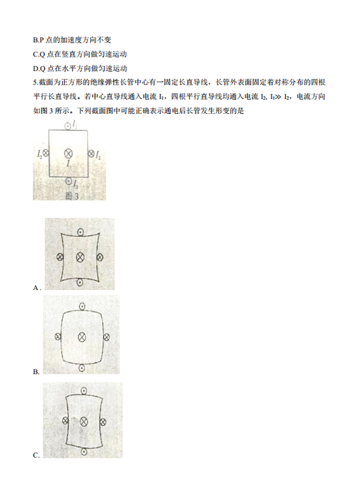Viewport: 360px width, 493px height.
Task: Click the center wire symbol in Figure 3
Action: [x=68, y=153]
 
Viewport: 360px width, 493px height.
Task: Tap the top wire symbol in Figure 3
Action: [x=67, y=126]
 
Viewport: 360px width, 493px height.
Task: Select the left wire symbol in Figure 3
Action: [x=46, y=153]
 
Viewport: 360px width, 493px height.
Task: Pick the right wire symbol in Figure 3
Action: [x=91, y=153]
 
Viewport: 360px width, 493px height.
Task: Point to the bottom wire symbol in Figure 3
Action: [x=69, y=181]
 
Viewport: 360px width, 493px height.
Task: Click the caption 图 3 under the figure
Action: [x=72, y=196]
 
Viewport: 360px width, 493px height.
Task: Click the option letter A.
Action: [x=37, y=288]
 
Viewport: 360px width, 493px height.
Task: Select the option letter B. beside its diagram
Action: [x=37, y=372]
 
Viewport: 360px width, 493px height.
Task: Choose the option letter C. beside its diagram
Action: [x=37, y=456]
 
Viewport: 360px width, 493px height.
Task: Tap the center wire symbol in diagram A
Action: [x=81, y=257]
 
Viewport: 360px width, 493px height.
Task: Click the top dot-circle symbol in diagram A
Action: [x=81, y=232]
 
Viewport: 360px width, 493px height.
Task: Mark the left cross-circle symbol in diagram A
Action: [x=60, y=257]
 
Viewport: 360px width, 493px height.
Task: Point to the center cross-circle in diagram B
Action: [x=82, y=337]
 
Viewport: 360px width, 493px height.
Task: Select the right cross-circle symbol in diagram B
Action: [x=106, y=337]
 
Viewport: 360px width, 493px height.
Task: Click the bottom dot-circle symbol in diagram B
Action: [x=81, y=367]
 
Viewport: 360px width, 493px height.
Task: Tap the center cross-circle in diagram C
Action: [x=84, y=422]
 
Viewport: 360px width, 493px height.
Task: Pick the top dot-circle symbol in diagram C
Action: [x=84, y=391]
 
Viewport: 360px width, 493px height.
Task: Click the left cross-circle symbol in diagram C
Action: [x=65, y=421]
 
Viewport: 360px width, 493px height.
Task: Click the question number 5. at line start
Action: [x=35, y=82]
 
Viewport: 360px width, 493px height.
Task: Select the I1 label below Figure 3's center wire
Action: [x=69, y=163]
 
